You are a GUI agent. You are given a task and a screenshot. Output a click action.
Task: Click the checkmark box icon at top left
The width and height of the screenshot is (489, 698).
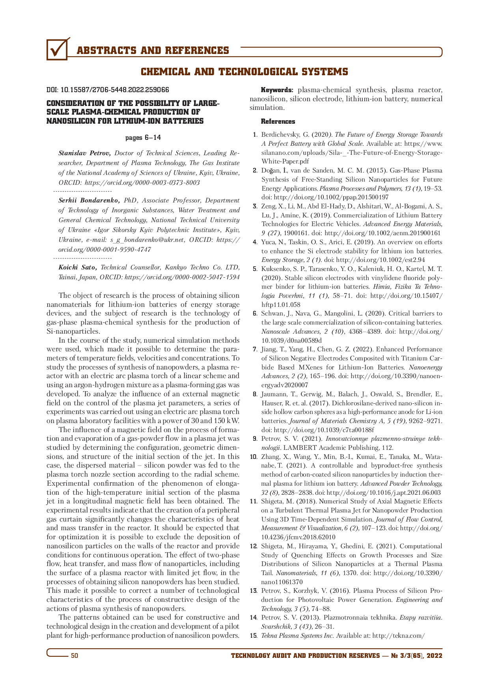point(58,50)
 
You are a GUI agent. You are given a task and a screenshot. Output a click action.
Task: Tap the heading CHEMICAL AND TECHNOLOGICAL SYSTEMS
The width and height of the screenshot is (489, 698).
point(244,72)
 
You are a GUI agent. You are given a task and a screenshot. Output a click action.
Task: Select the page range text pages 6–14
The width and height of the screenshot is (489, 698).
point(143,137)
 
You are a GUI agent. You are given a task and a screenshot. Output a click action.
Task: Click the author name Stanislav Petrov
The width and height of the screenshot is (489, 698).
point(84,153)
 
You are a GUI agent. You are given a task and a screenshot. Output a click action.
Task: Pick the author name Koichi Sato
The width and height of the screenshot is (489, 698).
point(78,267)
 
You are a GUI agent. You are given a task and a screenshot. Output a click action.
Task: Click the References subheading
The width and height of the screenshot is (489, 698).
point(278,121)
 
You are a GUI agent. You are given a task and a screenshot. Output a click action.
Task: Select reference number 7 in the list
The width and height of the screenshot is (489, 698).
point(255,349)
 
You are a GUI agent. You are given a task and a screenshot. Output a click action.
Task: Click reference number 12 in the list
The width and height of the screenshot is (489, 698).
point(254,546)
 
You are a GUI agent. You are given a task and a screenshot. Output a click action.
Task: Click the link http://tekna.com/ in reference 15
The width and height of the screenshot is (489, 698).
point(398,635)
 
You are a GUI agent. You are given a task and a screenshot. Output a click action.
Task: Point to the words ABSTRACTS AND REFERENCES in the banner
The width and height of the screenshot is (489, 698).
point(153,51)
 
